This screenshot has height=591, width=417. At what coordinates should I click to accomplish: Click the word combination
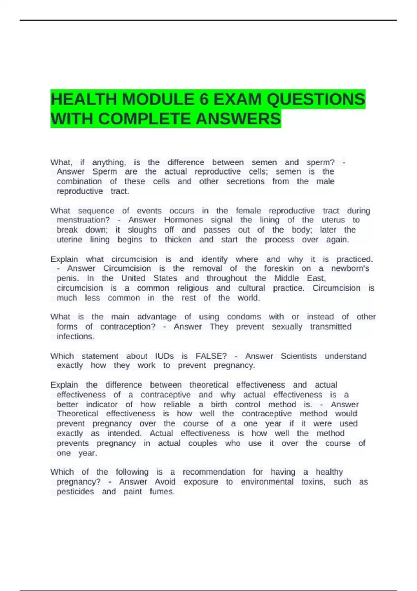point(79,181)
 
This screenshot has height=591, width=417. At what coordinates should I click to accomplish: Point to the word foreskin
point(279,268)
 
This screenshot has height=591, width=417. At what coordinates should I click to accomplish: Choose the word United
point(133,278)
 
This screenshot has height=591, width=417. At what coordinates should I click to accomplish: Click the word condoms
point(244,317)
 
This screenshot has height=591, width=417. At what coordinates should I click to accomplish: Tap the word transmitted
point(330,326)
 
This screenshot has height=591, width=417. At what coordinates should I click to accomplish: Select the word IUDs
point(164,356)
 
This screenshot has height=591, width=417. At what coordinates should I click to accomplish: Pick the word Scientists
point(299,356)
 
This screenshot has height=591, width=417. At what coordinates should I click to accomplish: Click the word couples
point(203,443)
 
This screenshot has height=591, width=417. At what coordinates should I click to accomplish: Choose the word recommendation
point(214,472)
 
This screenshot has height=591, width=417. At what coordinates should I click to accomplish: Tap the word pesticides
point(75,492)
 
